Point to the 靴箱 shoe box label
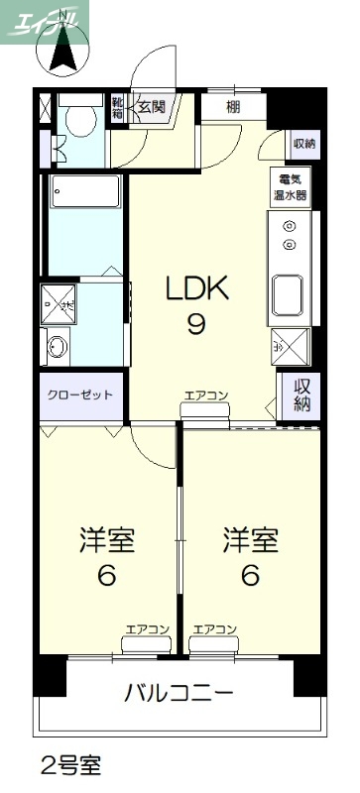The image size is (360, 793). (x=118, y=107)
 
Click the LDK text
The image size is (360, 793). (x=196, y=289)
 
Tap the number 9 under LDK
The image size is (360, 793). (x=196, y=324)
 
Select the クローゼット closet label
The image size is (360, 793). (x=80, y=395)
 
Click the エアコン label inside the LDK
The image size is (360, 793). (x=205, y=396)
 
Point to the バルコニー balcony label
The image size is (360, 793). (x=179, y=692)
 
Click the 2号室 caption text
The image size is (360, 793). (x=69, y=765)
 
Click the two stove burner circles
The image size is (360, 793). (x=290, y=235)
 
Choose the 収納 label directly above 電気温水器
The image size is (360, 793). (x=303, y=145)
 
